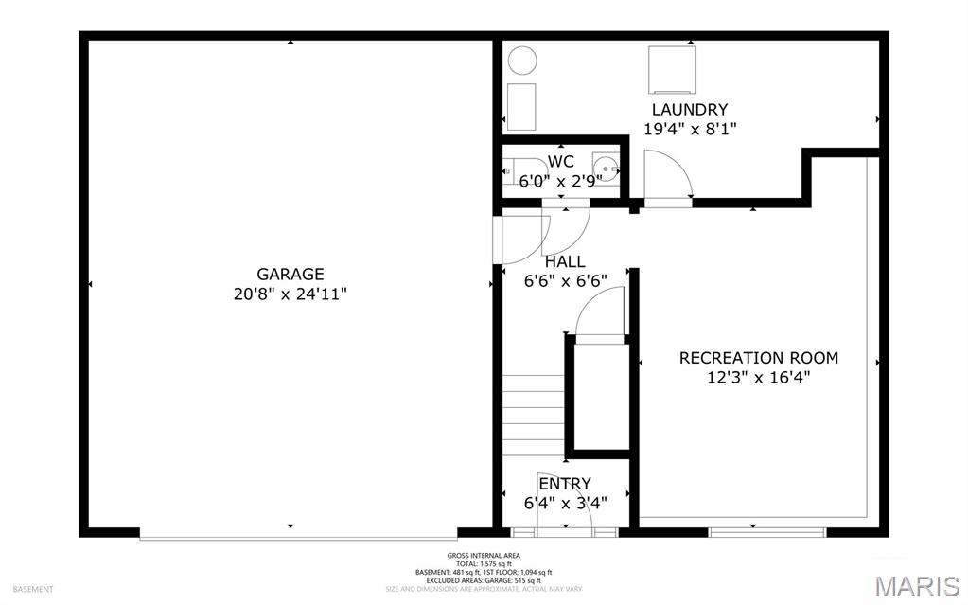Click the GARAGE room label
point(290,274)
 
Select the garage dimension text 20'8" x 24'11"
point(290,294)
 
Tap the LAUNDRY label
point(689,110)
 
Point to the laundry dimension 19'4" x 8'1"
point(689,129)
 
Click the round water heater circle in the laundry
point(522,62)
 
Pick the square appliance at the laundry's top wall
point(673,68)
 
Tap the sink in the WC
point(606,170)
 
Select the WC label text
point(560,161)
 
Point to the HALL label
point(565,261)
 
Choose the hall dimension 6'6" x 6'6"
point(565,280)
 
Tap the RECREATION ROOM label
point(758,358)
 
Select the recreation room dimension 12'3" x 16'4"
point(758,377)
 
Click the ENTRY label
point(565,484)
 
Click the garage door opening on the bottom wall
point(299,535)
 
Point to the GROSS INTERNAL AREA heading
point(484,556)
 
